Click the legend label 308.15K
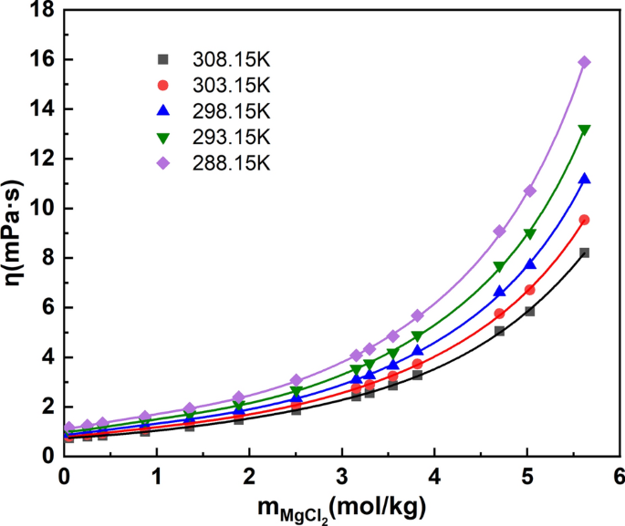click(x=232, y=59)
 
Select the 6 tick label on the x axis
click(x=619, y=477)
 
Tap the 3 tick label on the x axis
click(x=341, y=477)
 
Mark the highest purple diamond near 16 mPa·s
click(x=584, y=62)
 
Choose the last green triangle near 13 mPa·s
click(x=584, y=130)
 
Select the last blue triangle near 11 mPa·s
click(x=584, y=179)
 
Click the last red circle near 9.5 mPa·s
click(x=584, y=220)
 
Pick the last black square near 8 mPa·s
click(x=584, y=253)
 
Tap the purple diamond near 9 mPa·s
click(x=499, y=232)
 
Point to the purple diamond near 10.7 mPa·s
click(x=529, y=191)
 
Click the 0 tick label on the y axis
click(x=47, y=455)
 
